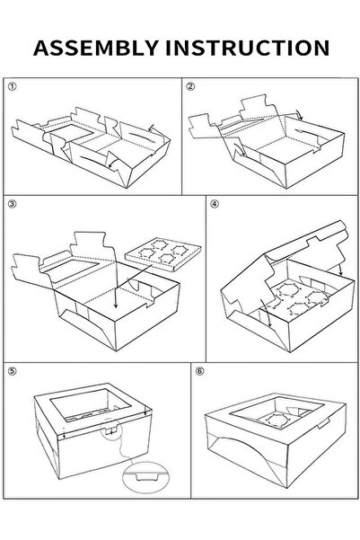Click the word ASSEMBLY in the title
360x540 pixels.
point(96,48)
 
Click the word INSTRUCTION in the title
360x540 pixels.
point(248,48)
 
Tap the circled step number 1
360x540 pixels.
point(12,86)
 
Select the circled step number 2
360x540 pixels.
point(190,86)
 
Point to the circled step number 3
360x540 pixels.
point(12,204)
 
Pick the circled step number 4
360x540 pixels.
point(215,204)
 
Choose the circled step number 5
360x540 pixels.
point(12,371)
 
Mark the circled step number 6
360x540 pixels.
point(199,371)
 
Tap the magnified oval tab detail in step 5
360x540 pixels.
point(146,476)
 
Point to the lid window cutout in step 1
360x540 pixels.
point(70,133)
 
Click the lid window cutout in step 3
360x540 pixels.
point(71,269)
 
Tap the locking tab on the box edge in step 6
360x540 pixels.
point(323,423)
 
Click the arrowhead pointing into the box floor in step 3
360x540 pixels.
point(116,305)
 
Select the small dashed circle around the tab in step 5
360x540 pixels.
point(111,429)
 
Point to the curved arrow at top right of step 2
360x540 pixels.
point(299,115)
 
